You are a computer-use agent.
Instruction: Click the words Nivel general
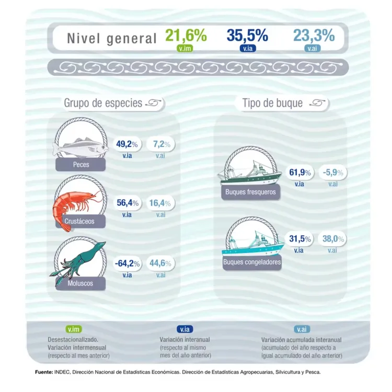(112, 38)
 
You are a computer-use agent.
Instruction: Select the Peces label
(82, 165)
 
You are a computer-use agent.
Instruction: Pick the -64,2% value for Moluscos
(126, 263)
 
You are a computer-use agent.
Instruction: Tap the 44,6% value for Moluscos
(160, 263)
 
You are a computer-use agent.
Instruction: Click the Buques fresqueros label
(250, 192)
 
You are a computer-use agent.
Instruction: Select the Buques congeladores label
(252, 262)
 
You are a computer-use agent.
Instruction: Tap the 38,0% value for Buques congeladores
(333, 239)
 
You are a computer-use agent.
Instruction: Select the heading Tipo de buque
(272, 103)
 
